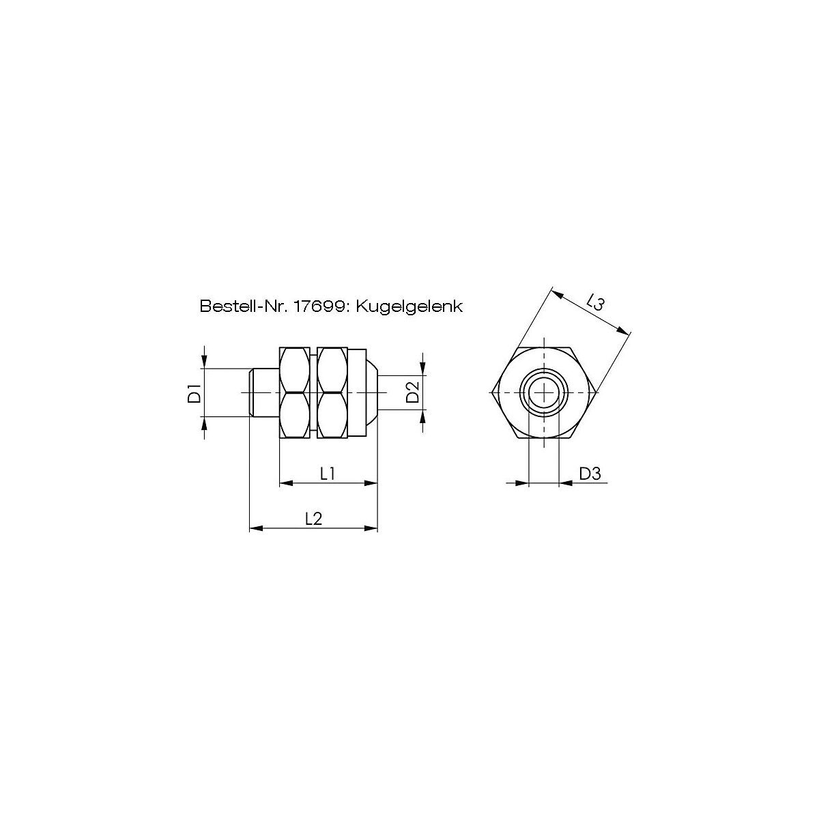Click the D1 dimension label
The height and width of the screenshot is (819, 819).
click(195, 392)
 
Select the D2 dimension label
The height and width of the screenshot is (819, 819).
click(413, 392)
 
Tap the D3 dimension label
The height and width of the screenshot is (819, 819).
click(590, 474)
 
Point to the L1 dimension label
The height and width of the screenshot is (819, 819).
click(328, 474)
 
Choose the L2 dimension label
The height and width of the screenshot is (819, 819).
click(314, 519)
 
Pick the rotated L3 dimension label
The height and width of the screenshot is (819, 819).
click(595, 304)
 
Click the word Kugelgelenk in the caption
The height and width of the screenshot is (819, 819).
click(409, 306)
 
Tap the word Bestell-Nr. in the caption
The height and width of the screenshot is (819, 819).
click(244, 306)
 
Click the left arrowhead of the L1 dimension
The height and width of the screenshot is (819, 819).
click(286, 483)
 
